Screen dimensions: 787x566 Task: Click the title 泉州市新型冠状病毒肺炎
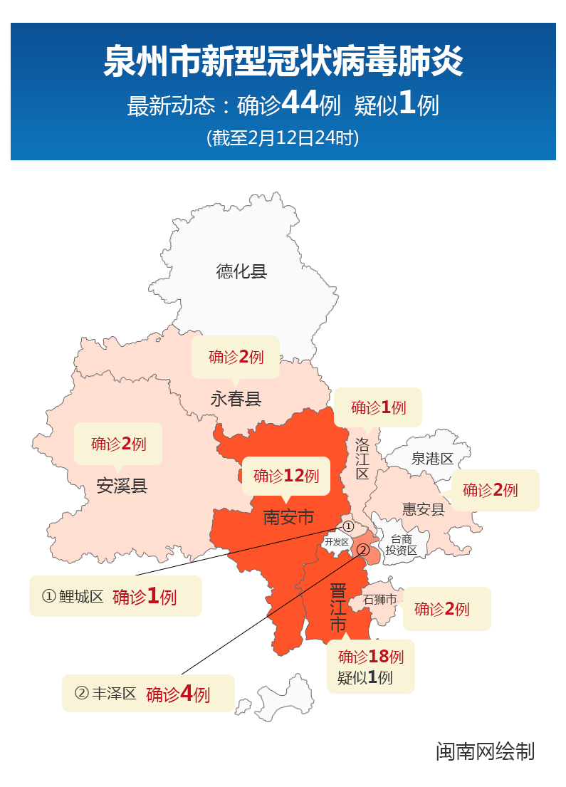click(x=283, y=62)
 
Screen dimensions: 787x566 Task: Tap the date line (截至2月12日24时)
click(x=283, y=137)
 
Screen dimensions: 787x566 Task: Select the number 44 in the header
click(x=300, y=104)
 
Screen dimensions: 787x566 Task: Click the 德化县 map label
click(x=241, y=271)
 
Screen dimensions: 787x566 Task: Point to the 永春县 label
click(x=236, y=399)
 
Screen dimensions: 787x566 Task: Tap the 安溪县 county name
click(x=122, y=486)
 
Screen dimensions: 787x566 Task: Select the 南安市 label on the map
click(x=288, y=517)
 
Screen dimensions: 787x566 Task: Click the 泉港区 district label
click(x=432, y=459)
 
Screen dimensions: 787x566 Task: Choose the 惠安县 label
click(x=423, y=509)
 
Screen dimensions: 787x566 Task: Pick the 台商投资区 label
click(x=401, y=545)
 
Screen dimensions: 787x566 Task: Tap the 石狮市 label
click(x=379, y=600)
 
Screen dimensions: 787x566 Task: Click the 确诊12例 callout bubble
click(x=286, y=476)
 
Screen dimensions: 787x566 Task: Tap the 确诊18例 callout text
click(x=370, y=657)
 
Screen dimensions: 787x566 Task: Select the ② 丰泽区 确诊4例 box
click(x=148, y=693)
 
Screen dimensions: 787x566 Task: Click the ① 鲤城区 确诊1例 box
click(x=115, y=596)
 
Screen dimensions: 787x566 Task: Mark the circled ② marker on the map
click(x=362, y=550)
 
